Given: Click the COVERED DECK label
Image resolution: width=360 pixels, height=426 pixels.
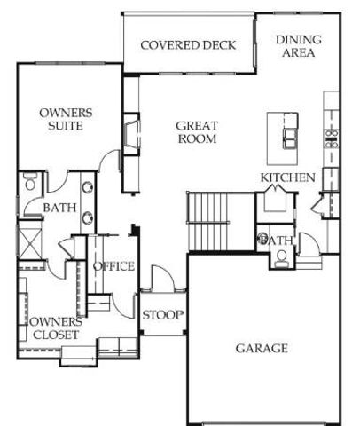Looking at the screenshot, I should pyautogui.click(x=188, y=45).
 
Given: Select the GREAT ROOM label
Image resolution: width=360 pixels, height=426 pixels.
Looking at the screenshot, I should pyautogui.click(x=197, y=132).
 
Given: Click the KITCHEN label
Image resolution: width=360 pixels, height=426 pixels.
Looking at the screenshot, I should pyautogui.click(x=287, y=178).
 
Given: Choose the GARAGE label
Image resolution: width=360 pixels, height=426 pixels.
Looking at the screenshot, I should pyautogui.click(x=262, y=348).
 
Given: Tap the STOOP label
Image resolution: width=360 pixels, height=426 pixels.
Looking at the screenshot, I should pyautogui.click(x=162, y=315).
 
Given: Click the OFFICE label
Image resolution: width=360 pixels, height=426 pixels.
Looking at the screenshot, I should pyautogui.click(x=113, y=266).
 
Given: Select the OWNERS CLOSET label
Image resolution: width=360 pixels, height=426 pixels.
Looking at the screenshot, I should pyautogui.click(x=55, y=328).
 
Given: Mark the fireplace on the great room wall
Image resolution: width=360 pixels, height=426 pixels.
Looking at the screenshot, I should pyautogui.click(x=130, y=134).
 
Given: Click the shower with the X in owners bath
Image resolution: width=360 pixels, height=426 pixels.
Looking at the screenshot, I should pyautogui.click(x=28, y=241).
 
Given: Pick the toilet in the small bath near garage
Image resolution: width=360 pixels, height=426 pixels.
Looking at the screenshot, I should pyautogui.click(x=281, y=258).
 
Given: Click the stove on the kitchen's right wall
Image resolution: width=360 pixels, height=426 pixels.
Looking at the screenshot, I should pyautogui.click(x=332, y=138).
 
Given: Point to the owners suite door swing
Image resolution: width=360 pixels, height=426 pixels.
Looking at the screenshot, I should pyautogui.click(x=110, y=162).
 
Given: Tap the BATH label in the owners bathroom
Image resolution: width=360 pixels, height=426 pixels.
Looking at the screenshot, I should pyautogui.click(x=59, y=209).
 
